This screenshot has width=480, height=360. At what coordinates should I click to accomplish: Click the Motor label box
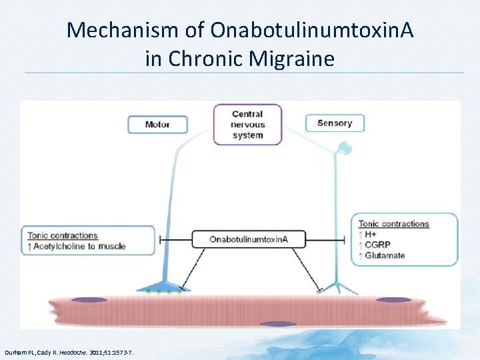(157, 125)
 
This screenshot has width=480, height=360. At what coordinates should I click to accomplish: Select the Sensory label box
(335, 123)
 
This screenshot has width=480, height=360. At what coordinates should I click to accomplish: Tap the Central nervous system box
(247, 125)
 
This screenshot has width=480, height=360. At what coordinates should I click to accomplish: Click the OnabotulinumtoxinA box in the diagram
(249, 239)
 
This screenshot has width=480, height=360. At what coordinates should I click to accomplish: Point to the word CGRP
(377, 245)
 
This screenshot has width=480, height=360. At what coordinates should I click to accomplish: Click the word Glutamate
(385, 255)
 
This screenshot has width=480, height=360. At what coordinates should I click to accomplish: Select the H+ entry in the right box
(371, 235)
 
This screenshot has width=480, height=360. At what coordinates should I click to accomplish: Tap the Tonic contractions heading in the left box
(63, 235)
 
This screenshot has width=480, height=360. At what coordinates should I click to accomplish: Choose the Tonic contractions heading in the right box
(393, 224)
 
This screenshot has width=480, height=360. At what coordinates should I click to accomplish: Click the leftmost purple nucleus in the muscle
(88, 301)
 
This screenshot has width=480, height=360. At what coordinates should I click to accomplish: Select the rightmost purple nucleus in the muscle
(393, 301)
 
